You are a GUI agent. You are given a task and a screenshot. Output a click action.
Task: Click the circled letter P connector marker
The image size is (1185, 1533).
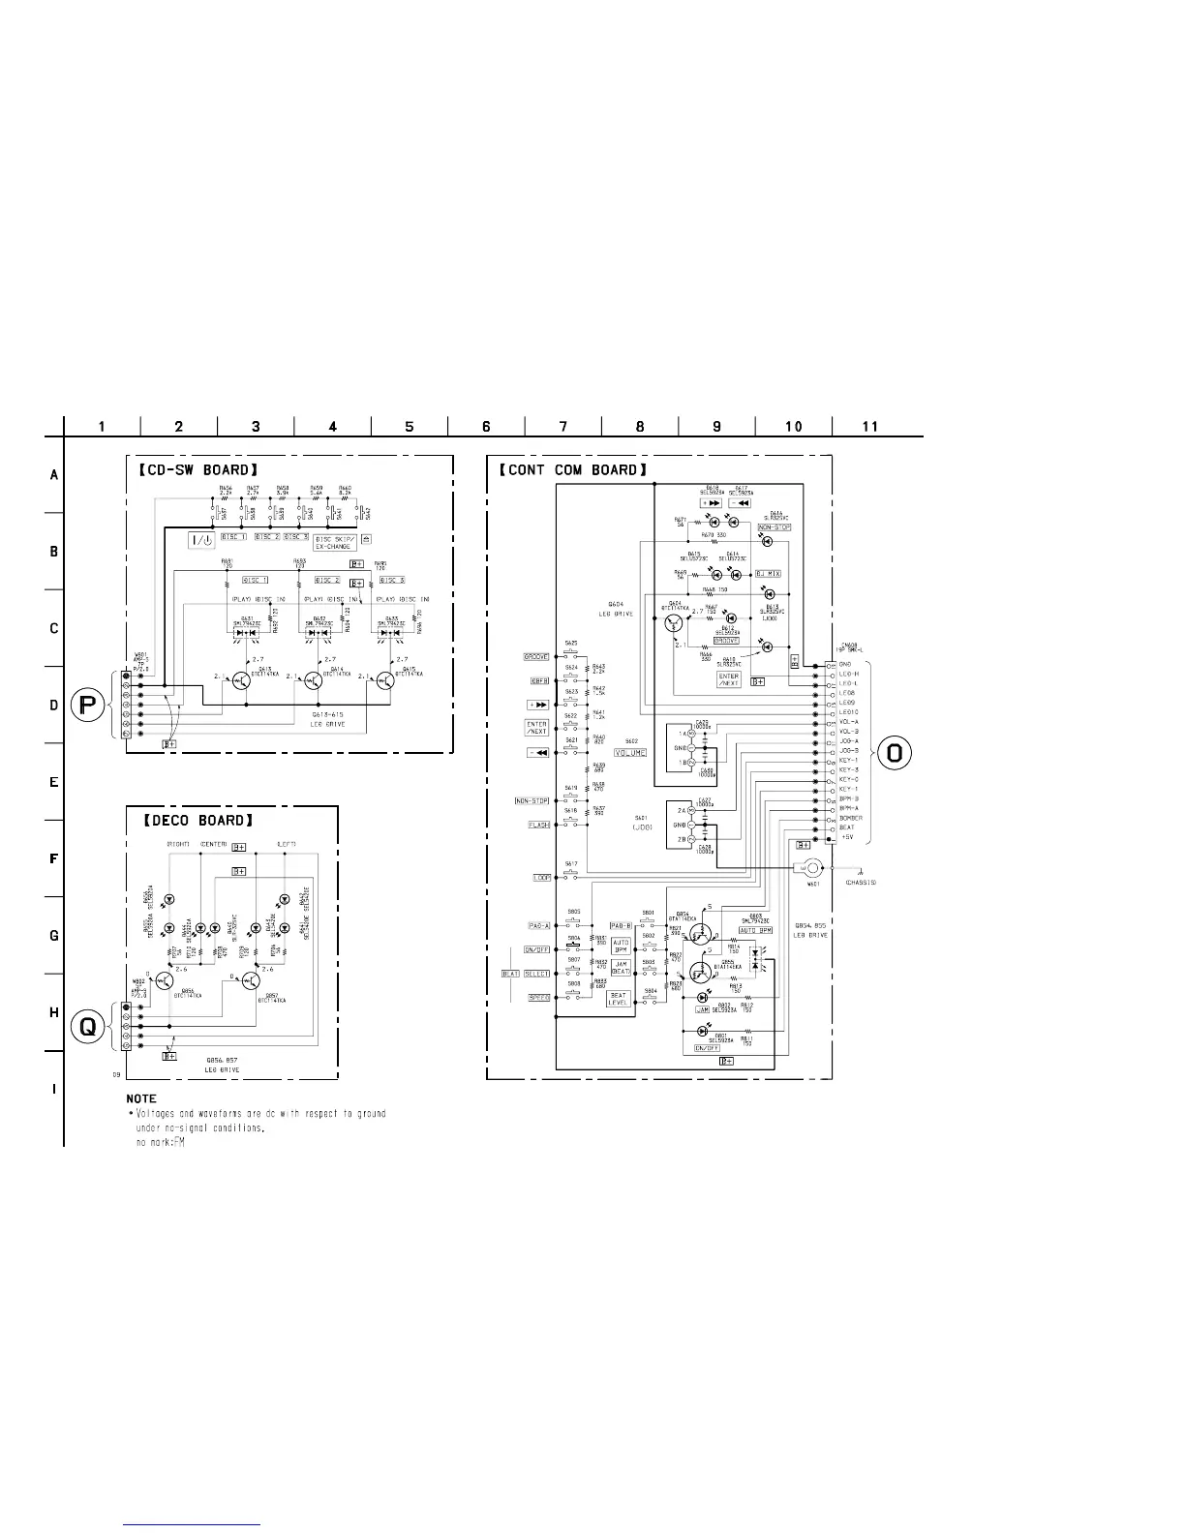[x=87, y=706]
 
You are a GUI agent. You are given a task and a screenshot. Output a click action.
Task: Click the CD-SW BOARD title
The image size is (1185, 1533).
[x=195, y=470]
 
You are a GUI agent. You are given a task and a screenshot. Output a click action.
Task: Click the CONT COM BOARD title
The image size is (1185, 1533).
[x=572, y=470]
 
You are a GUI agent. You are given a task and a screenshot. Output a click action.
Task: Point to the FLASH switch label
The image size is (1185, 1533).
[x=538, y=825]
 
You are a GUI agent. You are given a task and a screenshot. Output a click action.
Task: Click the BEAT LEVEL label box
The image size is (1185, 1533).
[x=618, y=999]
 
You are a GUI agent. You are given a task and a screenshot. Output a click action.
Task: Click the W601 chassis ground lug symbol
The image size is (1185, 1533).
[x=809, y=867]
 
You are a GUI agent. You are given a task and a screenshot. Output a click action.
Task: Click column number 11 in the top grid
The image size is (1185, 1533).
[x=869, y=426]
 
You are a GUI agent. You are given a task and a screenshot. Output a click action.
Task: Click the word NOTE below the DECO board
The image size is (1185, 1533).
[x=141, y=1098]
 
